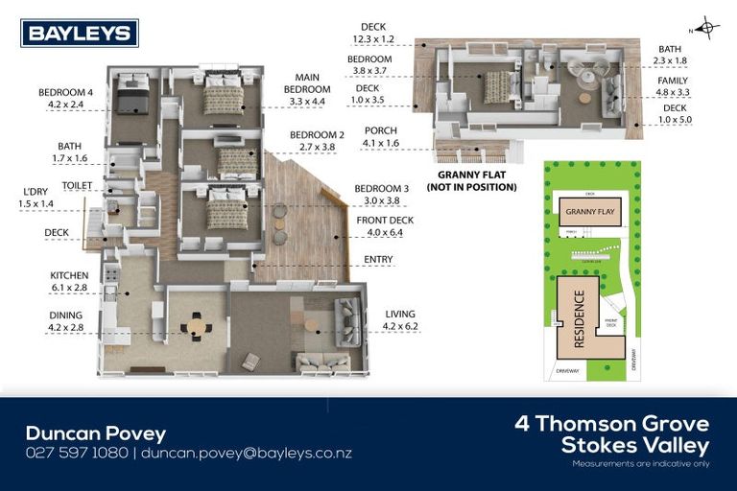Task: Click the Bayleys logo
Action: [80, 34]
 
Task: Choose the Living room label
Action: [402, 314]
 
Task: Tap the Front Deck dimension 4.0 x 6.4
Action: [385, 231]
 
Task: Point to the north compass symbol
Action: [707, 27]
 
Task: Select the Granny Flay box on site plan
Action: [588, 212]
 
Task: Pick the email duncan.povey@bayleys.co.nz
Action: [247, 453]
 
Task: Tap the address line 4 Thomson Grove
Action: [611, 424]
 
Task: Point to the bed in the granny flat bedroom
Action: [497, 87]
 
